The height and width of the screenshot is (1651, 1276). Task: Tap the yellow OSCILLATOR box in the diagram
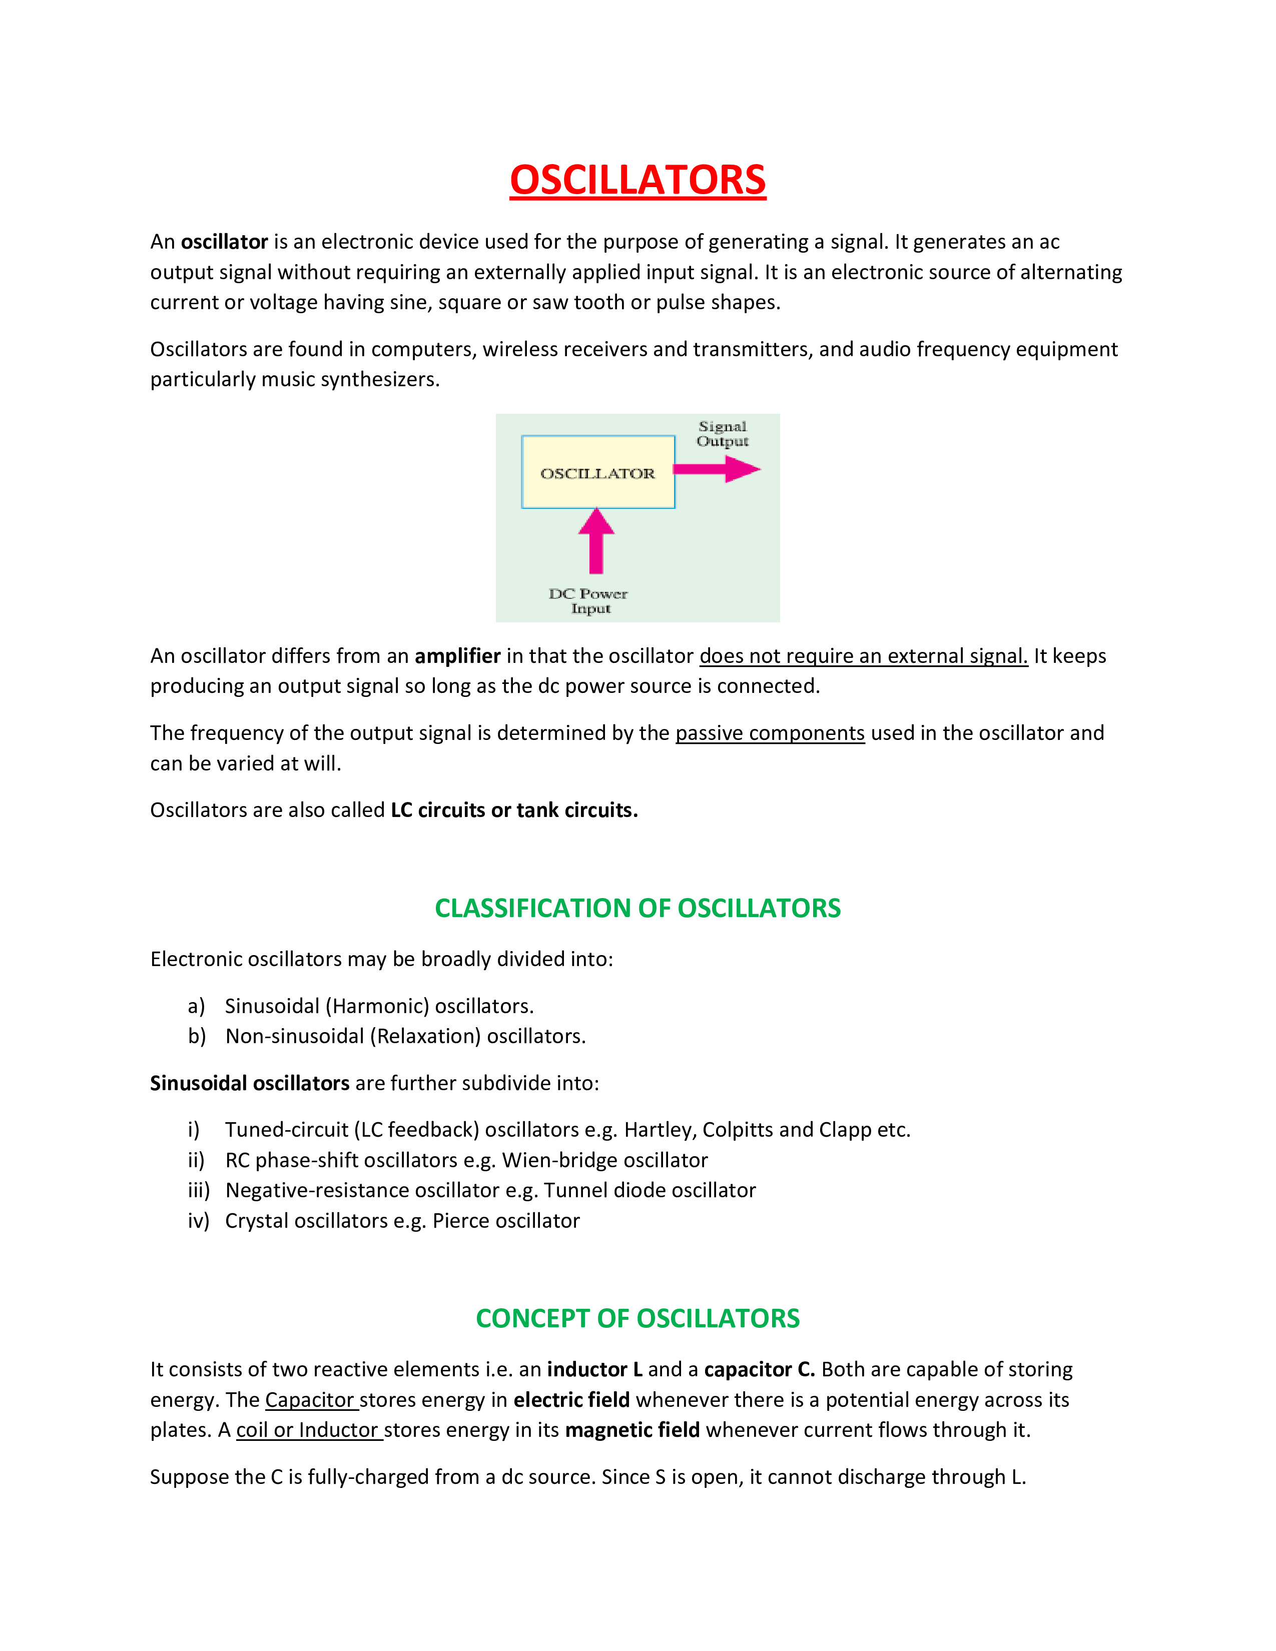597,472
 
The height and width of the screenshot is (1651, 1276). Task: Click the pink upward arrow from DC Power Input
596,540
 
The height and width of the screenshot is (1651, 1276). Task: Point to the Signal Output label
722,434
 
